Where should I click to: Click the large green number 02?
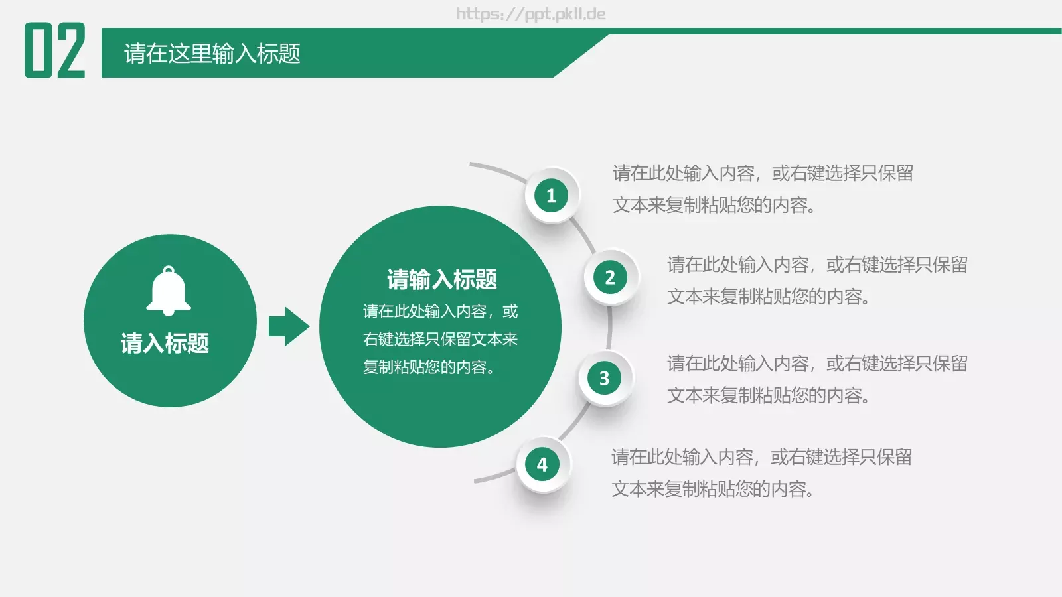55,50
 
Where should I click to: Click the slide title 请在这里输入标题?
212,54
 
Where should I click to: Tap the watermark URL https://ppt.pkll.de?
530,14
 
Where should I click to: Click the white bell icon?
169,291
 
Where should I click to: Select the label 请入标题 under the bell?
165,343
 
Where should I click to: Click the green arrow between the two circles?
288,326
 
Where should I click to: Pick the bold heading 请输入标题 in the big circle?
442,279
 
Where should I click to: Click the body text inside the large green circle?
440,339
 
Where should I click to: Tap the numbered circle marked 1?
551,196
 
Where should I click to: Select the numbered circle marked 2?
610,277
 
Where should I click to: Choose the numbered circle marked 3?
604,378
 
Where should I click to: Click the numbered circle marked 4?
542,464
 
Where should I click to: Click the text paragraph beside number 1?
762,189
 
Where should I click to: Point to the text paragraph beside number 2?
816,281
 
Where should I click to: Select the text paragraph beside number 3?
816,379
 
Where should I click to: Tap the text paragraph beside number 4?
761,473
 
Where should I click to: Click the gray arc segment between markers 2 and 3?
609,328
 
